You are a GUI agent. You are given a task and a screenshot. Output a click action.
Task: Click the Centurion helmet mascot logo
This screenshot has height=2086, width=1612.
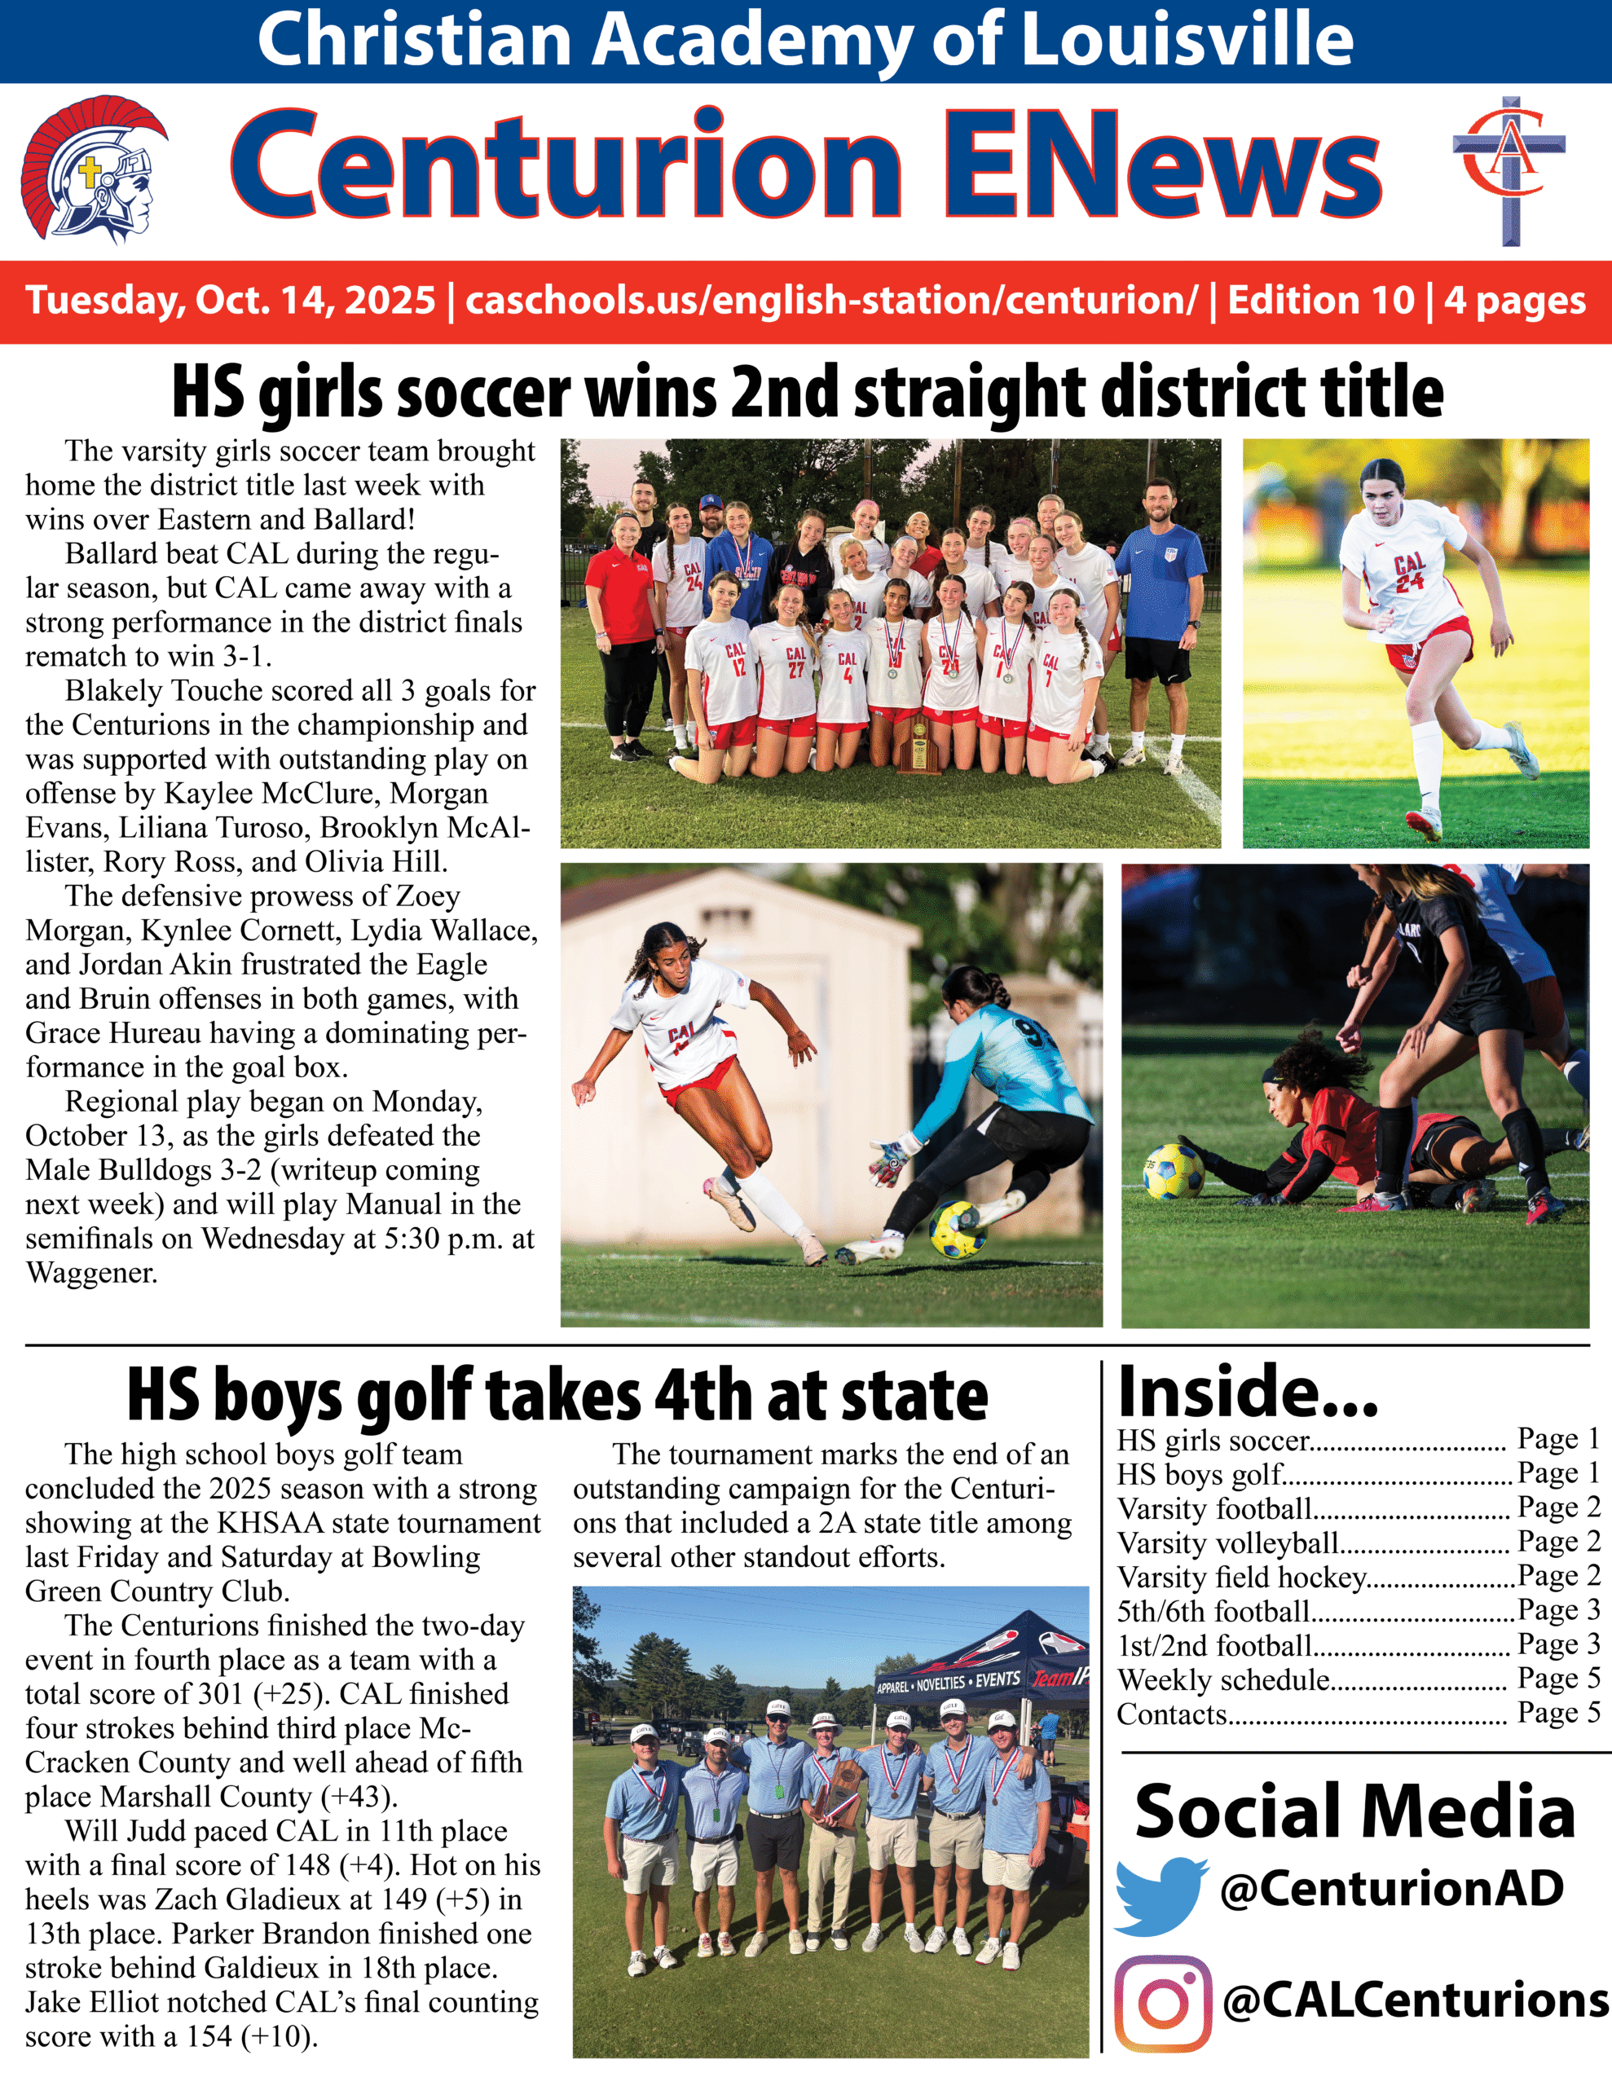[94, 174]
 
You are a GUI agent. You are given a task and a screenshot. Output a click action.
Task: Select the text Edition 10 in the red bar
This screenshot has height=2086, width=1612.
[1320, 300]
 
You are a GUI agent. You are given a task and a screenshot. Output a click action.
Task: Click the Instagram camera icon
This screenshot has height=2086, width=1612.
[1163, 2003]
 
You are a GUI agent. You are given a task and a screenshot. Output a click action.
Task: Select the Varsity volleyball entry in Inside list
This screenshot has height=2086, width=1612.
[1228, 1543]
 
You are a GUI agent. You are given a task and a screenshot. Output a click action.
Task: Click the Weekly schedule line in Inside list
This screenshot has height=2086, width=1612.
[1224, 1680]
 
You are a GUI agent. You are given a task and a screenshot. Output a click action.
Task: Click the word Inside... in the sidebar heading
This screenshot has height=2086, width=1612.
[1248, 1393]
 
